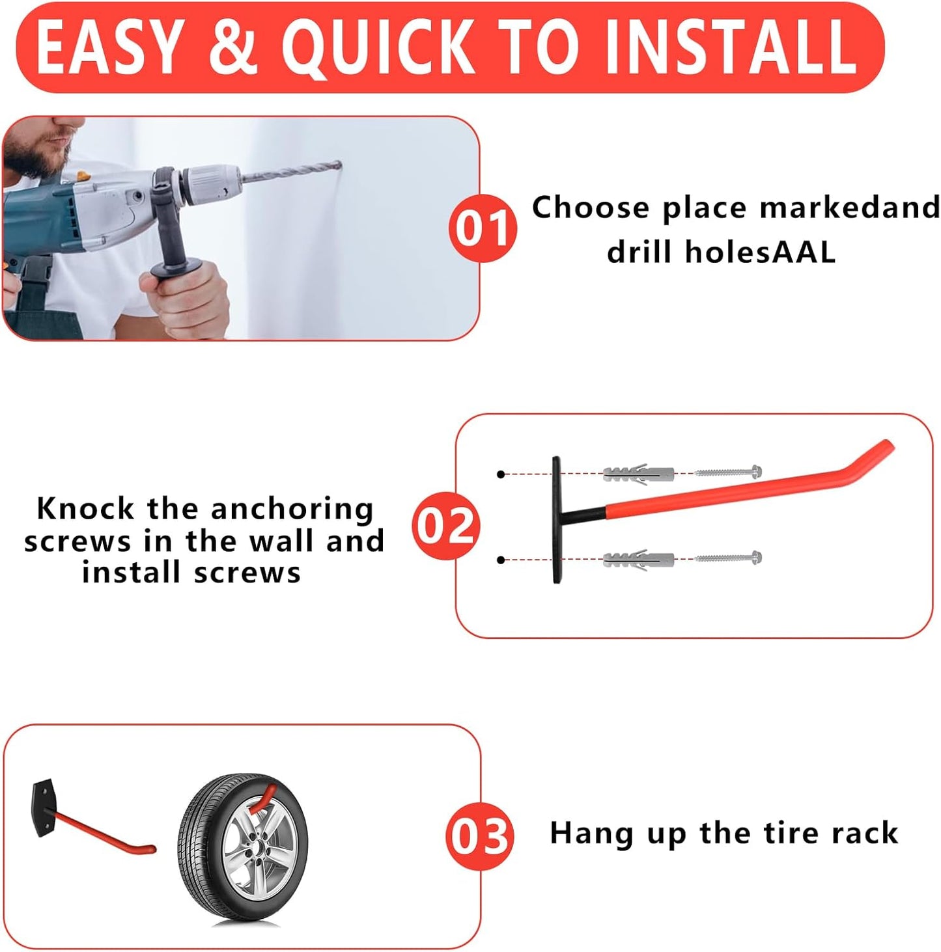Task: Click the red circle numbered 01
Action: click(483, 228)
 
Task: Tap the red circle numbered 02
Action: click(446, 526)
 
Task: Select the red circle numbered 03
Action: click(480, 836)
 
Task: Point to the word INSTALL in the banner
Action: click(729, 47)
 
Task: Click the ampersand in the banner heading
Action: click(233, 47)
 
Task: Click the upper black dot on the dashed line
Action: click(500, 474)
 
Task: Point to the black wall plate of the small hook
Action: click(44, 808)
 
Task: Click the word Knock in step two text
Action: click(85, 509)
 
